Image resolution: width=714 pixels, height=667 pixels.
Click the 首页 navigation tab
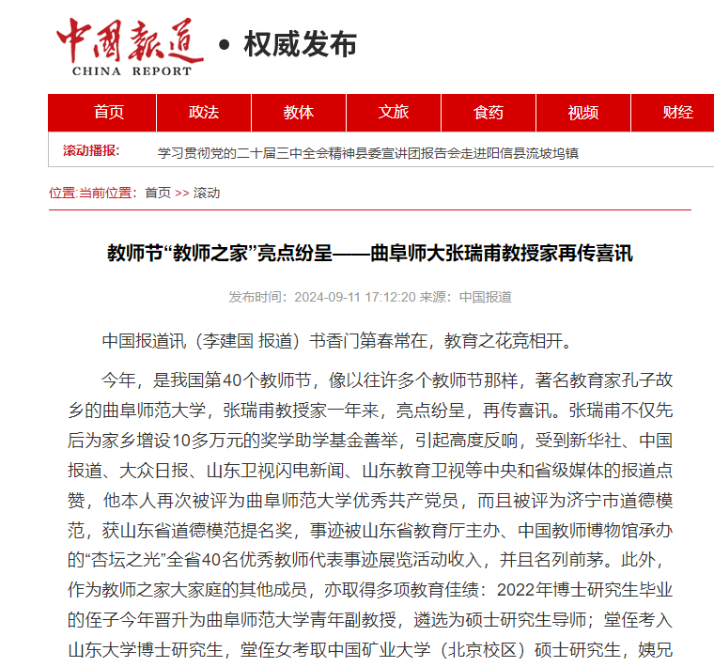(109, 113)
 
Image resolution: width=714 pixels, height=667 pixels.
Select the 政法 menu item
(204, 113)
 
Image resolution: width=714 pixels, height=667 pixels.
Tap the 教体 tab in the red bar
(299, 113)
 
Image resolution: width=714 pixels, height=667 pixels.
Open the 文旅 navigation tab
(394, 113)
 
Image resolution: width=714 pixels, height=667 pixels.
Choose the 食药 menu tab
(489, 113)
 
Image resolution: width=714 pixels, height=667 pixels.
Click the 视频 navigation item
(583, 113)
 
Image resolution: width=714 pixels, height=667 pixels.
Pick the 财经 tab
(677, 113)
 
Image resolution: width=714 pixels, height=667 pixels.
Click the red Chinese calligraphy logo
(130, 39)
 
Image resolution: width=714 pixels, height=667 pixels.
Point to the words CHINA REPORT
(132, 70)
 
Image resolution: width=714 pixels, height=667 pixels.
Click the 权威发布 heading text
(300, 44)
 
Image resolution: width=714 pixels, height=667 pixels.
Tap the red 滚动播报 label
(91, 151)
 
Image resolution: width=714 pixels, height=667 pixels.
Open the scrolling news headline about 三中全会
(367, 152)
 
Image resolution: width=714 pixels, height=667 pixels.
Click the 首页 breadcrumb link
(158, 193)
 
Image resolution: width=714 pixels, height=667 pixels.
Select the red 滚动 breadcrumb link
(207, 193)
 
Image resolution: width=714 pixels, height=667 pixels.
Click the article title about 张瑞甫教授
(370, 254)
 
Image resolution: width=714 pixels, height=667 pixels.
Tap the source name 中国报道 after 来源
(485, 297)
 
